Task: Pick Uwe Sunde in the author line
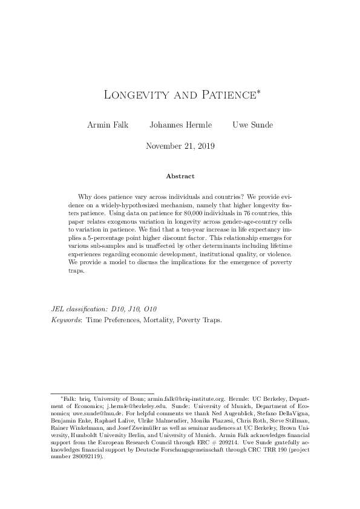coord(252,125)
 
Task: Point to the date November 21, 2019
coord(180,146)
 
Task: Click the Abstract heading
coord(180,177)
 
